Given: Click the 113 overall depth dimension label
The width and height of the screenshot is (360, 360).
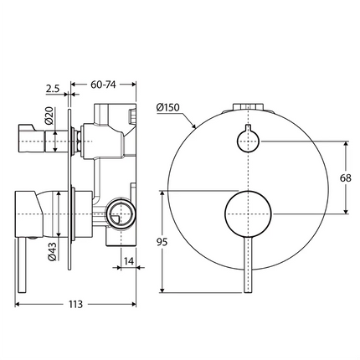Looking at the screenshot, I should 75,304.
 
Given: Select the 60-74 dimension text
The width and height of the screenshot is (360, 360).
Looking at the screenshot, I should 104,85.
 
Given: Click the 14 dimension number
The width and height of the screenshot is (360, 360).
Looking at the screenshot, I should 130,262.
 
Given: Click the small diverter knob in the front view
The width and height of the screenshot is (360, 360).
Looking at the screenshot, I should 246,140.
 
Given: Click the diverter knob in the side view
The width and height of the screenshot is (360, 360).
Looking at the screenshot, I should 33,141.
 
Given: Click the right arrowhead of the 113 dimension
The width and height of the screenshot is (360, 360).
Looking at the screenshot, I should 133,292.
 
